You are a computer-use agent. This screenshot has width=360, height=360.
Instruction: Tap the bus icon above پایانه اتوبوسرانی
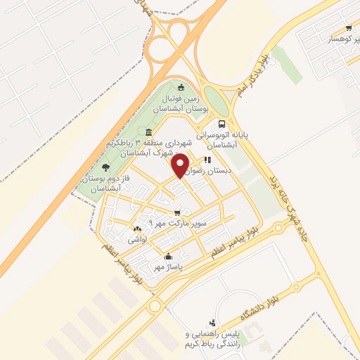(x=222, y=120)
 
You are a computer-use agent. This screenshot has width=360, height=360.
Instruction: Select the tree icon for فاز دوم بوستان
(x=105, y=167)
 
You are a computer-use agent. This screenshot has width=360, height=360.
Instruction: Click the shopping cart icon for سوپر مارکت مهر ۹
(x=177, y=212)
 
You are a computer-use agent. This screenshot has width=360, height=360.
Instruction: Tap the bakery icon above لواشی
(x=136, y=229)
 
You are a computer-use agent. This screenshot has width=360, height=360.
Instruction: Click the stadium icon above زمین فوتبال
(x=181, y=88)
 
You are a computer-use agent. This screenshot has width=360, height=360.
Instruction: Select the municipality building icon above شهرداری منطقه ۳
(x=148, y=133)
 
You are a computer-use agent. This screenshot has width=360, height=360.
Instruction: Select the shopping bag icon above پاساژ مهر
(x=167, y=257)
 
